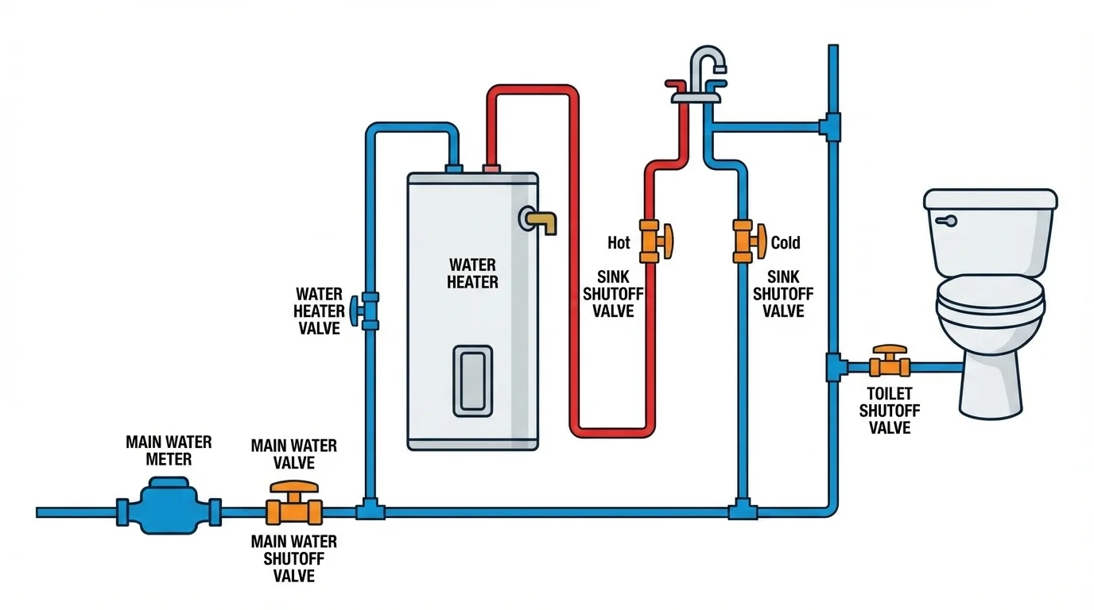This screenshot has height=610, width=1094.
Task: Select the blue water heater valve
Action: click(x=369, y=311)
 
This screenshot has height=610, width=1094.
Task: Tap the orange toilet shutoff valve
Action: click(x=889, y=363)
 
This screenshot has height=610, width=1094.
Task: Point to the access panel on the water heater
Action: click(x=472, y=380)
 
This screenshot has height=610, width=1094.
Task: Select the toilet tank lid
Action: click(x=990, y=199)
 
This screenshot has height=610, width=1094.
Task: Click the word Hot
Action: click(x=619, y=242)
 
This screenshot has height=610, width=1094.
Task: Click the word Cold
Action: click(x=786, y=242)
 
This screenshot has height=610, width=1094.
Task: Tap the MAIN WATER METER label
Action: click(x=158, y=450)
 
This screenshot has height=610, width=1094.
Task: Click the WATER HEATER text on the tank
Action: click(x=472, y=273)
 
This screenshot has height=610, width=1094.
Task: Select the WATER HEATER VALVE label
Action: click(x=319, y=311)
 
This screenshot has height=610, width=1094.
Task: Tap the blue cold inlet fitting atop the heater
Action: click(x=454, y=168)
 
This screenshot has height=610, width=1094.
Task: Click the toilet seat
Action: click(x=990, y=303)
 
